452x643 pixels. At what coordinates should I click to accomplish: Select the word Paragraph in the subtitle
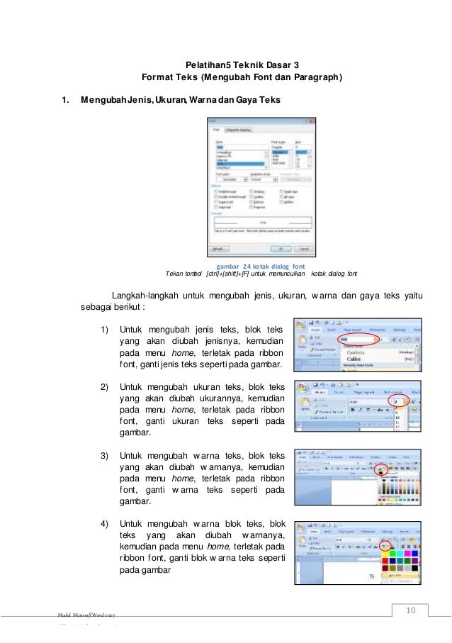pyautogui.click(x=316, y=77)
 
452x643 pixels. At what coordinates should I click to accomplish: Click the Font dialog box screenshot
pyautogui.click(x=261, y=186)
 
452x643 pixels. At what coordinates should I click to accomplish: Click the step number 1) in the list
pyautogui.click(x=104, y=330)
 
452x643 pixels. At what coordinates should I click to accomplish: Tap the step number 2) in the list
pyautogui.click(x=104, y=387)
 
